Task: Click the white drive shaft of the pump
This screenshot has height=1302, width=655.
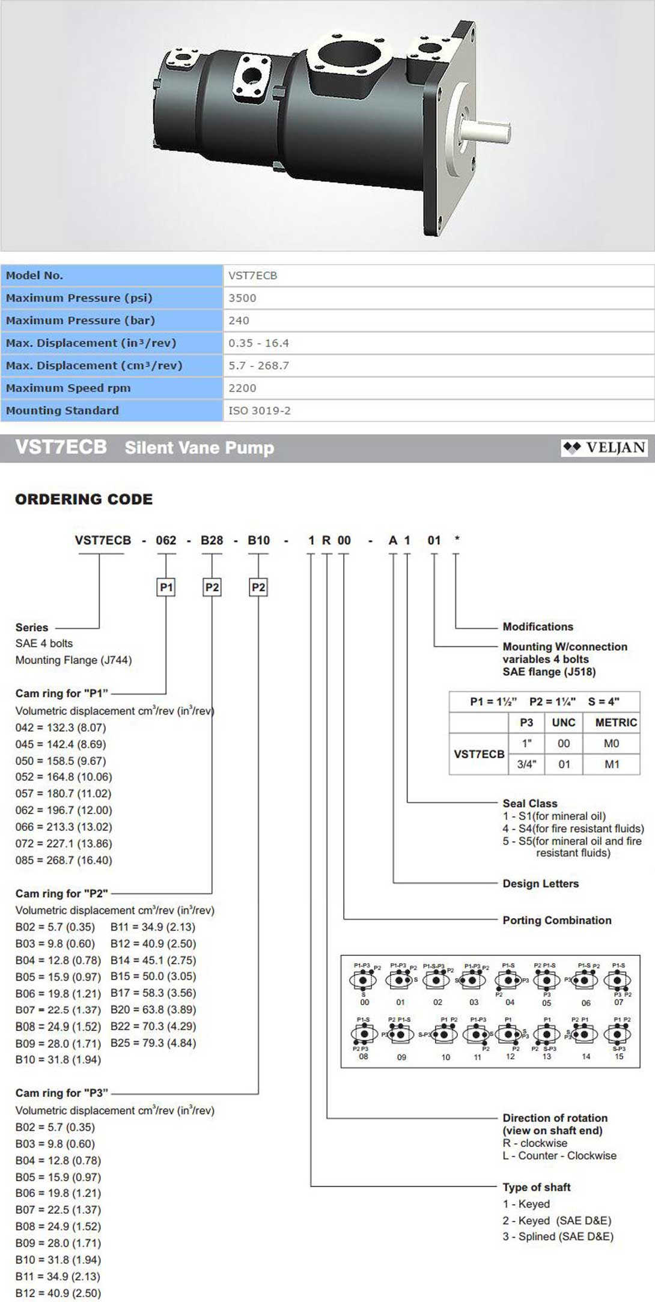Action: pos(486,129)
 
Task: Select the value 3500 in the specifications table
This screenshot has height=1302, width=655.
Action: pos(242,298)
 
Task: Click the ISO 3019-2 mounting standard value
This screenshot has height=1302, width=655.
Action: pos(260,411)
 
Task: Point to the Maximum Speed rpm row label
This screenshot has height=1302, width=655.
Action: pos(68,388)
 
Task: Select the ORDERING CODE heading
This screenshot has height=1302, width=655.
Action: pos(84,499)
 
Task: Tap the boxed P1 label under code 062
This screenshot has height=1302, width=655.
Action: pos(166,587)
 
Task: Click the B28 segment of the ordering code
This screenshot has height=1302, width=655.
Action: pos(212,540)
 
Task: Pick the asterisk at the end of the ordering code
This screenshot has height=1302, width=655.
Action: pos(457,539)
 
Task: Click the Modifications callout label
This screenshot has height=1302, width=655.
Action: pos(538,627)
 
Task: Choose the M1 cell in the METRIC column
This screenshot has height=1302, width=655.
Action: pos(612,764)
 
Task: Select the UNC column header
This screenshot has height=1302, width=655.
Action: pos(564,722)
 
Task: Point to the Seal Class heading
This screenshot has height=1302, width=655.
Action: pos(530,803)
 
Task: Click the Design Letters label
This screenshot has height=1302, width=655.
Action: pos(541,883)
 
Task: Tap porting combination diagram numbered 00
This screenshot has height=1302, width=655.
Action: pos(364,981)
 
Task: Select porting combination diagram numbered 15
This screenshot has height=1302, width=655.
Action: pos(618,1035)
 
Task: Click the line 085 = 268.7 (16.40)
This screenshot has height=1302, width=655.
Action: pos(64,860)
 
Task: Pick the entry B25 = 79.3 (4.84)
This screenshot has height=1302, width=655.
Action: pos(153,1043)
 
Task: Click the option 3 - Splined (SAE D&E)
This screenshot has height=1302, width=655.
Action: pos(558,1237)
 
